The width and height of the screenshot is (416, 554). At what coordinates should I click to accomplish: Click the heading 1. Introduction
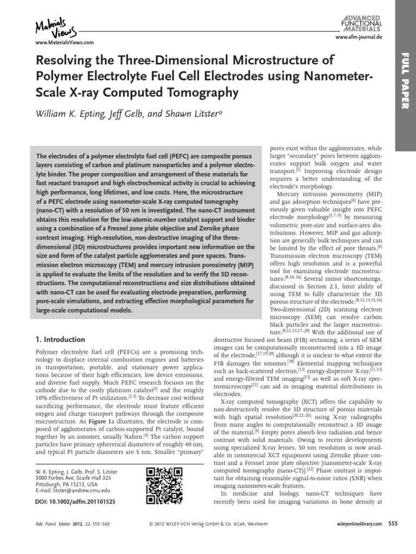[x=60, y=340]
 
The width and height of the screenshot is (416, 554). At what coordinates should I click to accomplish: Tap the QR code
[x=163, y=485]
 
